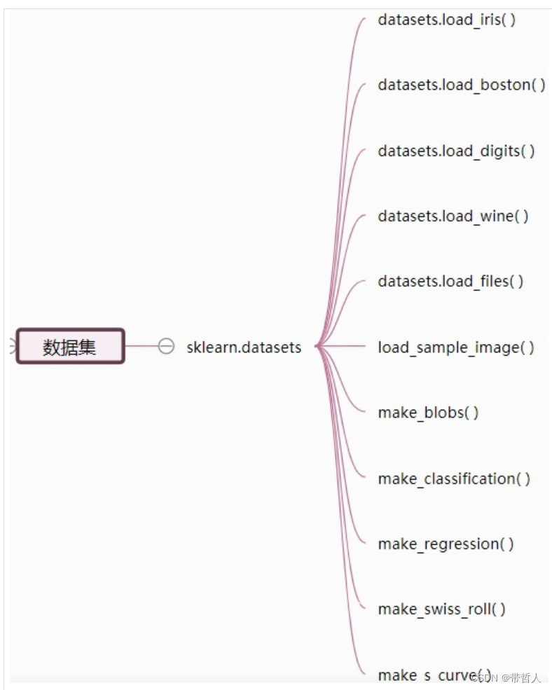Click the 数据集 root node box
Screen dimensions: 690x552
[x=70, y=347]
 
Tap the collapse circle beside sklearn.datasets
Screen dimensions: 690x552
[x=166, y=346]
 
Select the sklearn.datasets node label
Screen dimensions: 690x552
[x=244, y=347]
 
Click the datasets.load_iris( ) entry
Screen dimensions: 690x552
[x=446, y=20]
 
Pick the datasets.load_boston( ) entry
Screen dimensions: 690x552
[x=461, y=85]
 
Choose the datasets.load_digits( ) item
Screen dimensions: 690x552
[x=456, y=151]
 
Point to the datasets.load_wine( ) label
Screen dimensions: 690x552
[x=453, y=216]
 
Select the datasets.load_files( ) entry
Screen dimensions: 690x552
[x=450, y=281]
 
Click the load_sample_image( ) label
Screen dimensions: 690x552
[x=456, y=347]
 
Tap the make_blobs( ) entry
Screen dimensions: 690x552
[x=428, y=412]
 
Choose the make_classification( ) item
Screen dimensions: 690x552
[x=454, y=478]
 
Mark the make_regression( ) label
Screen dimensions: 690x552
[x=446, y=544]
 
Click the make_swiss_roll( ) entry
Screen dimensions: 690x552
[x=441, y=609]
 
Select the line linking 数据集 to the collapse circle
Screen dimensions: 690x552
[x=141, y=346]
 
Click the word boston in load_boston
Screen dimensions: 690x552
[x=504, y=85]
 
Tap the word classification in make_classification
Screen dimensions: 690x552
[x=469, y=478]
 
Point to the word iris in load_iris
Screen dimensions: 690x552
[x=490, y=20]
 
